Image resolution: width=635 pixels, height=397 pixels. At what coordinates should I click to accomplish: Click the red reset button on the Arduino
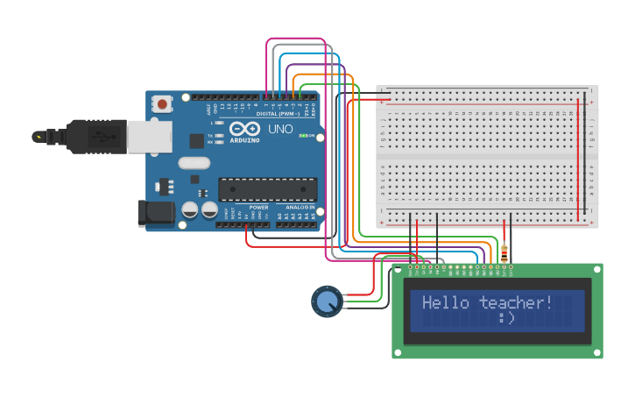[162, 103]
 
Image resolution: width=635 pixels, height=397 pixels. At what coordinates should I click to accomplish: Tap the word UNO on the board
[280, 129]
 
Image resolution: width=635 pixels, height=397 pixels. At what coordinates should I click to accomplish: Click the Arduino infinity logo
[244, 129]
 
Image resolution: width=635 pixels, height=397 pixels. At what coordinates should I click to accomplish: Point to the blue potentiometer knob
[327, 301]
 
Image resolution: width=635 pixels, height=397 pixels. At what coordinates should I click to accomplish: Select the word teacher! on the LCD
[516, 303]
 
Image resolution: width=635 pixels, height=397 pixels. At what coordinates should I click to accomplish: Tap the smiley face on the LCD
[506, 318]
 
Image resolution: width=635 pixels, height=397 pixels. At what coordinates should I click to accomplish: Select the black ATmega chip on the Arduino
[266, 188]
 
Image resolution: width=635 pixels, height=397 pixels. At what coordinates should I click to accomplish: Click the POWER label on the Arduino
[258, 208]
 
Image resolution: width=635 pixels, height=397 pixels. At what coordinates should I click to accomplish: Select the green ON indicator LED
[303, 136]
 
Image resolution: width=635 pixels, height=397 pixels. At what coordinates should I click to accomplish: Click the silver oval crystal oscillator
[195, 162]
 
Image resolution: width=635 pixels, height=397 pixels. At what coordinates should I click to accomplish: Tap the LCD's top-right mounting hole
[597, 270]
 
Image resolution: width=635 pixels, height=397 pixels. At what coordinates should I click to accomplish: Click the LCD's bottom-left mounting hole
[399, 352]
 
